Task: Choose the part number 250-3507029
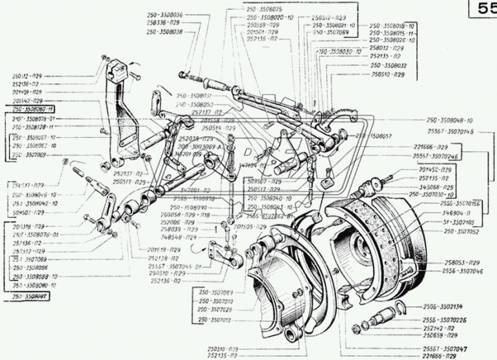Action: (214, 310)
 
